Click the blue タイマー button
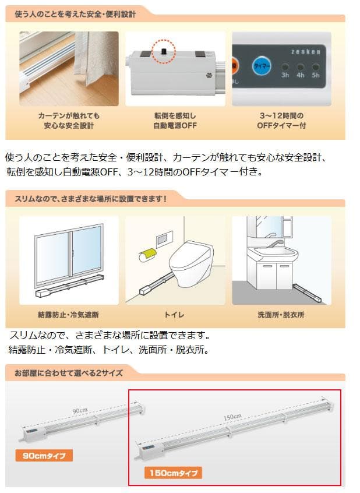click(x=260, y=66)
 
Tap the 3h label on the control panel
click(x=285, y=75)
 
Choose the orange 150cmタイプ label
click(x=173, y=473)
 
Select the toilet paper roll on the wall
click(x=147, y=255)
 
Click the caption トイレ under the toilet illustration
click(x=174, y=315)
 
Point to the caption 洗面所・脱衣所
click(x=281, y=315)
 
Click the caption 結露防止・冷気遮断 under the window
click(x=68, y=315)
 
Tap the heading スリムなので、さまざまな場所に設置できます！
click(x=87, y=198)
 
